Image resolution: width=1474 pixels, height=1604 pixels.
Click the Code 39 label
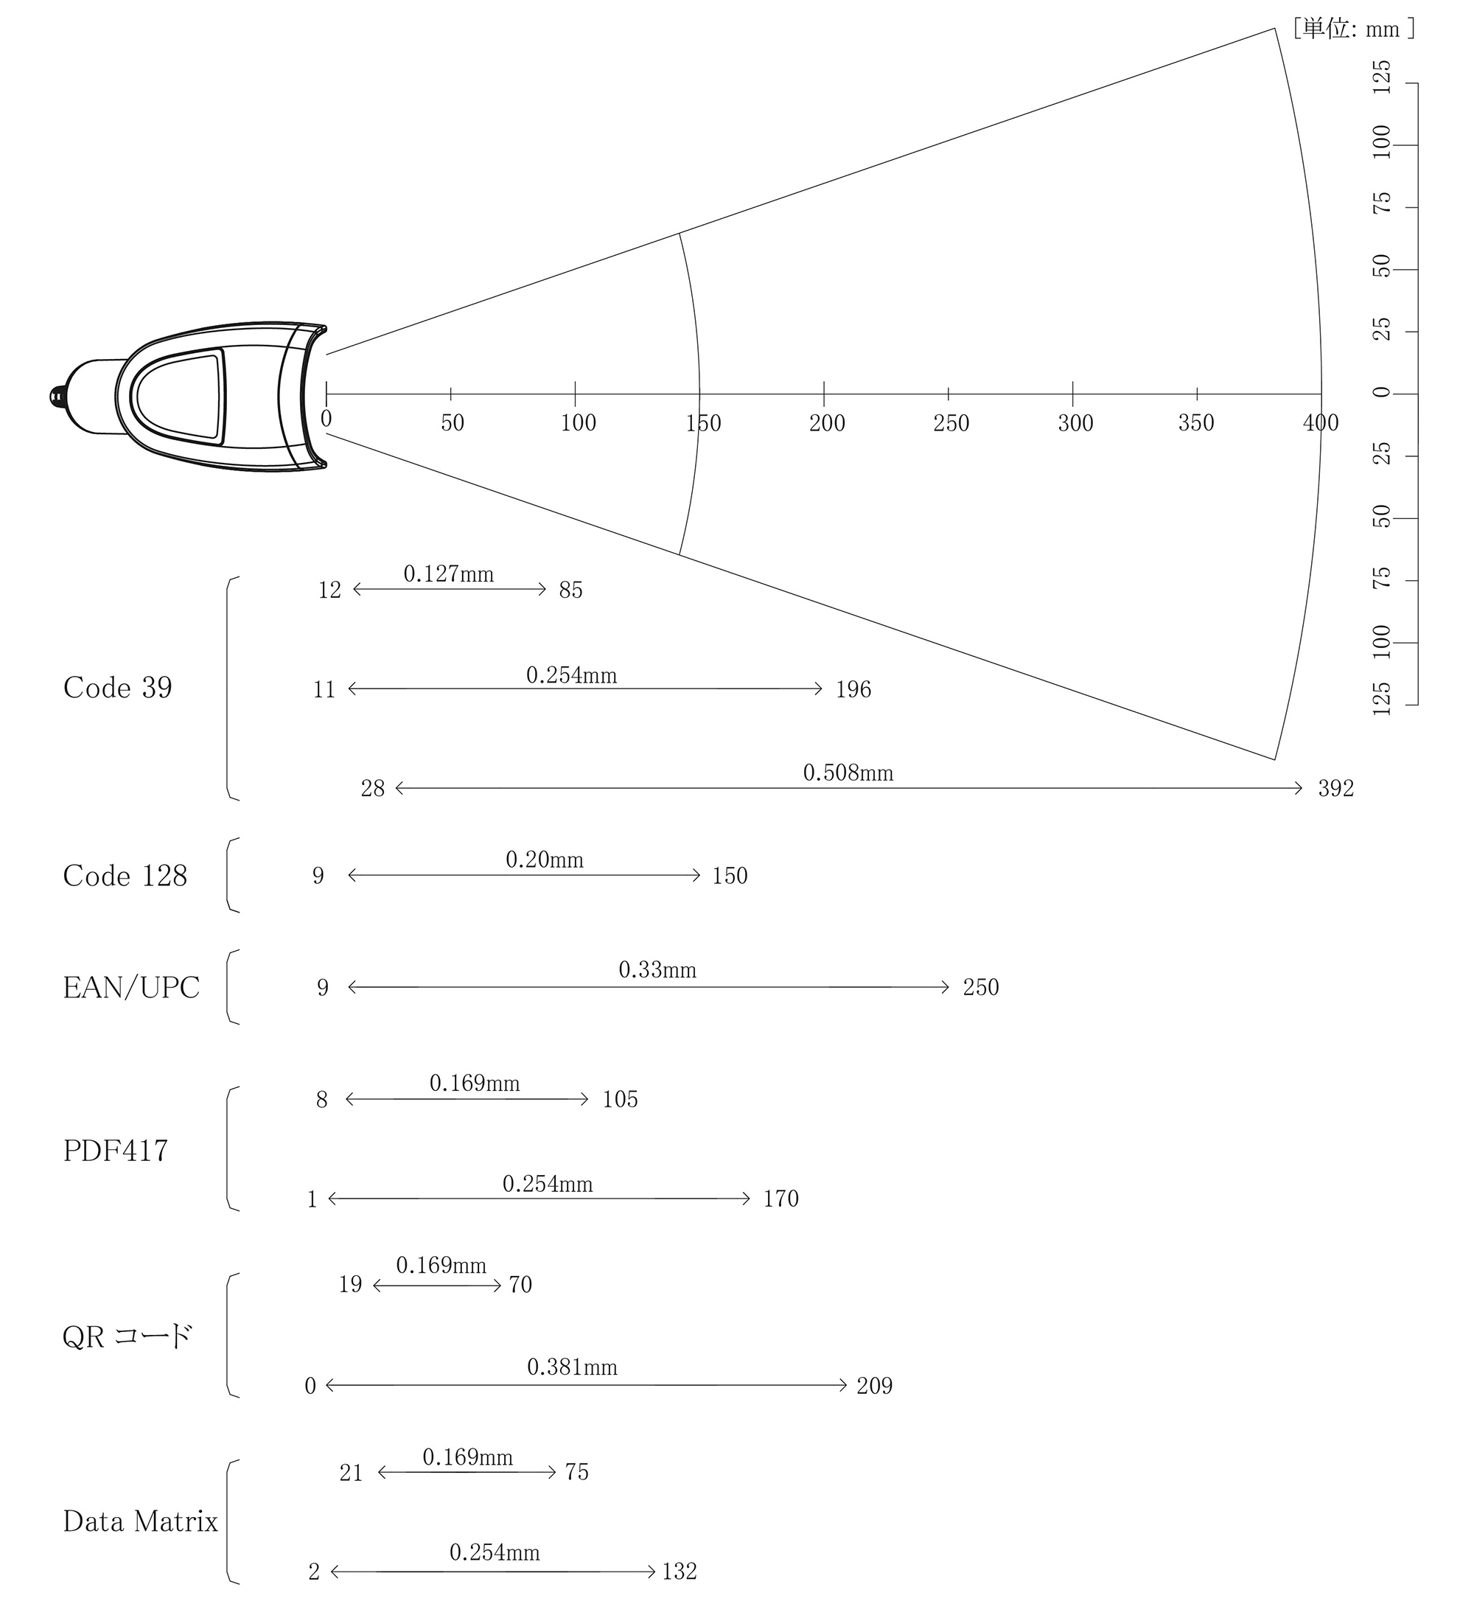(x=117, y=688)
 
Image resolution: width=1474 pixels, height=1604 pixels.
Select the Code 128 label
(x=125, y=876)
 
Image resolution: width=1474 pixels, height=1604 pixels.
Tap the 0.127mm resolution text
(x=448, y=574)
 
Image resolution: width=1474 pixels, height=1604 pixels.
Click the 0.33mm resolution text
(x=657, y=971)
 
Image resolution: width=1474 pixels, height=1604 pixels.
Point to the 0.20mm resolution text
(x=544, y=861)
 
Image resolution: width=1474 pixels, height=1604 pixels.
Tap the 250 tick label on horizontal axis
(x=951, y=424)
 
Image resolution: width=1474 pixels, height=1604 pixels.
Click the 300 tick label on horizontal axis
(x=1075, y=424)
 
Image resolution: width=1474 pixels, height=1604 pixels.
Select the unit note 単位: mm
(x=1354, y=29)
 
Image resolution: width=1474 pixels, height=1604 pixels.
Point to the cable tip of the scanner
(x=57, y=396)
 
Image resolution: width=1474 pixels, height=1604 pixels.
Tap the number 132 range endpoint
(x=680, y=1572)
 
